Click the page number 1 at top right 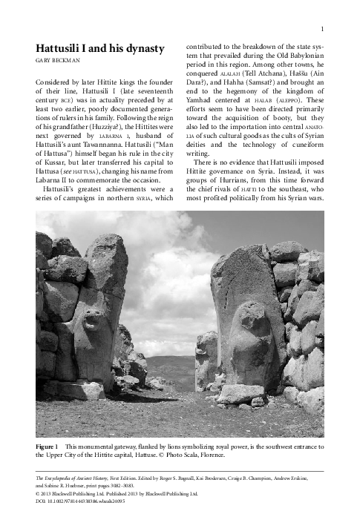pyautogui.click(x=322, y=29)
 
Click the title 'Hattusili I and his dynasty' pyautogui.click(x=99, y=49)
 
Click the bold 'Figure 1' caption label pyautogui.click(x=46, y=447)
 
